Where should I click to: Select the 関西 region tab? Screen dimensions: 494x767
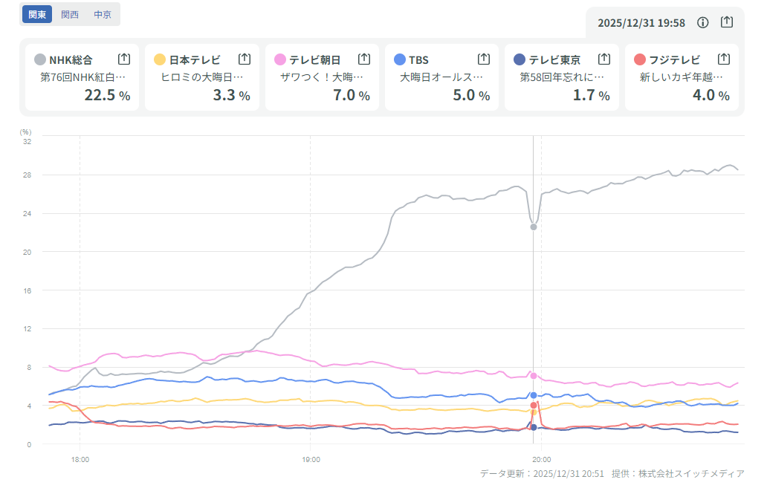click(70, 14)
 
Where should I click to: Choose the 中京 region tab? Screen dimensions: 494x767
click(103, 14)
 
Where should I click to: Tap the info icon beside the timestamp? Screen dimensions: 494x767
click(702, 22)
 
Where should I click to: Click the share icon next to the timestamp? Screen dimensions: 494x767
click(727, 22)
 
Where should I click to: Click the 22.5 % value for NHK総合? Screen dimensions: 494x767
click(107, 94)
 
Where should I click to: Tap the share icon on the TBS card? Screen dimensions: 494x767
click(483, 59)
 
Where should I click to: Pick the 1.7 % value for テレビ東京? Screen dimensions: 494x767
click(591, 94)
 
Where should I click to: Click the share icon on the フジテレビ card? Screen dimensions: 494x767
click(724, 59)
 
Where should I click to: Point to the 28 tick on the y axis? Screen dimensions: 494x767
click(27, 175)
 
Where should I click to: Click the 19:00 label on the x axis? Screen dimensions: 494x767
click(311, 460)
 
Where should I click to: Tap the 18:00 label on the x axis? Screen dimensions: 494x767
click(80, 460)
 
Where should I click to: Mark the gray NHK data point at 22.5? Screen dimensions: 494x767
click(534, 227)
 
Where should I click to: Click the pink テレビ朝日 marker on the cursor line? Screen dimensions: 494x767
click(534, 376)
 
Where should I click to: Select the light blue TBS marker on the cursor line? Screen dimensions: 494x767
click(534, 395)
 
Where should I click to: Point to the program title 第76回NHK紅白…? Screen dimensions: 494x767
click(83, 77)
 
